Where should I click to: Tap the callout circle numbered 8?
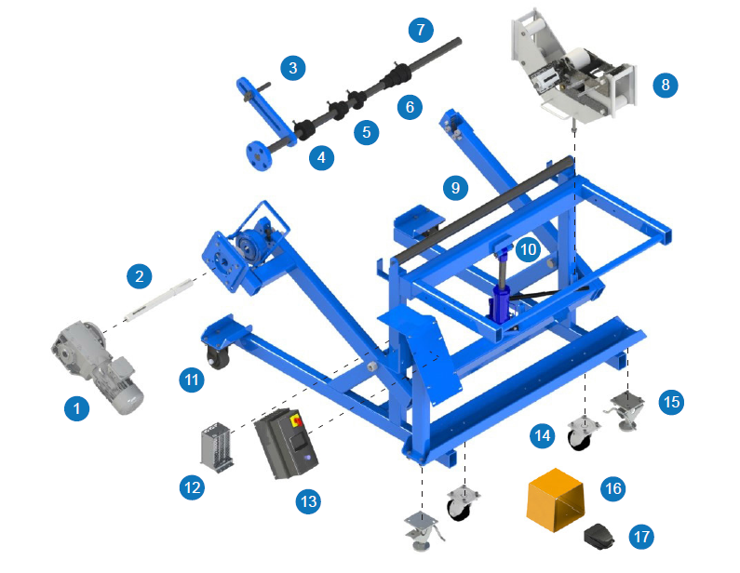tap(664, 85)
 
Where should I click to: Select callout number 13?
tap(308, 501)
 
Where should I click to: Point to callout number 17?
tap(640, 536)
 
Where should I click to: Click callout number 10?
tap(527, 249)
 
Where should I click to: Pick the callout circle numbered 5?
tap(366, 131)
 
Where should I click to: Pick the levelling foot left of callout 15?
tap(626, 409)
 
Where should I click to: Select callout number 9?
tap(455, 188)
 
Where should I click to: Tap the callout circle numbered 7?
tap(420, 30)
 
